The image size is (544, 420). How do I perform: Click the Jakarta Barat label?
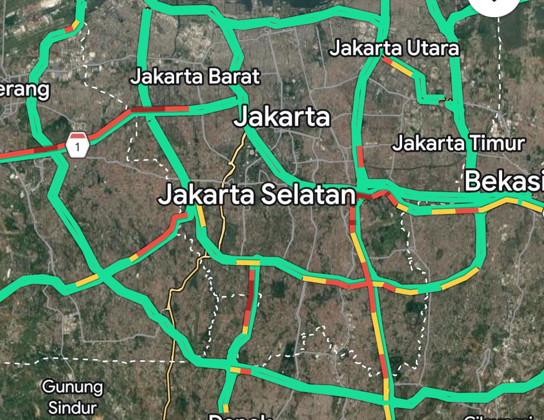[195, 77]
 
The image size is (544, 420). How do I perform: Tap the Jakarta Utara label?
[394, 48]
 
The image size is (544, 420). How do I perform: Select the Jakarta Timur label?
[458, 143]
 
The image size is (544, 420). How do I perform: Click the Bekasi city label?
[504, 181]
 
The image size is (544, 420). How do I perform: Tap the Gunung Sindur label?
[72, 397]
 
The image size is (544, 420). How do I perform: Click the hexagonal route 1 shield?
[78, 145]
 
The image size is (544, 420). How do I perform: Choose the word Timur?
[500, 143]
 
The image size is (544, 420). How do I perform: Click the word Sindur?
[72, 408]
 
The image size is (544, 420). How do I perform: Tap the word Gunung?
[72, 387]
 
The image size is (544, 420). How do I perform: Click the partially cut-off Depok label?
[233, 416]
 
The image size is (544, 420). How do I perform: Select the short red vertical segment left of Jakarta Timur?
[360, 156]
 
